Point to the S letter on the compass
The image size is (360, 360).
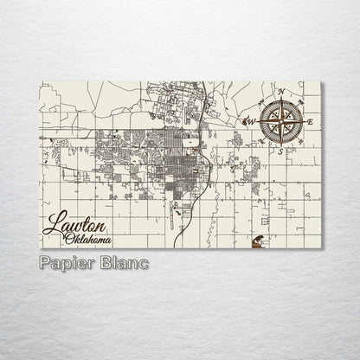[280, 151]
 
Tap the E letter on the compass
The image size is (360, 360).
[310, 121]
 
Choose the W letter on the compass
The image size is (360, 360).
[251, 122]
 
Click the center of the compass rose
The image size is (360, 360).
[280, 121]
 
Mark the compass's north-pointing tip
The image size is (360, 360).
[280, 97]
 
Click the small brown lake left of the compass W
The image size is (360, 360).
[245, 121]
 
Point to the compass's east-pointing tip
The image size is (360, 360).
[304, 121]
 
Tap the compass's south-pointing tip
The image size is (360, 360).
[280, 145]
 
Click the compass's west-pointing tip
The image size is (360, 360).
[257, 121]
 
